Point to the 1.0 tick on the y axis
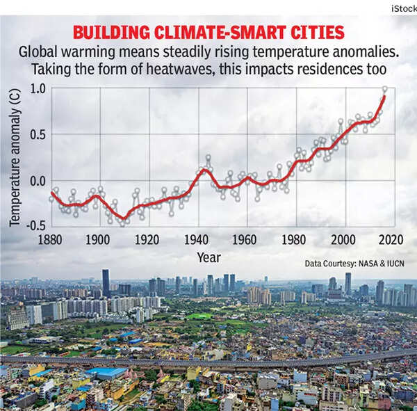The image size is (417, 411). click(x=38, y=89)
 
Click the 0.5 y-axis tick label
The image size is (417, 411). click(x=38, y=135)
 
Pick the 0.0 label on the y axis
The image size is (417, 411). click(x=38, y=181)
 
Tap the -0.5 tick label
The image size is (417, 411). click(x=35, y=226)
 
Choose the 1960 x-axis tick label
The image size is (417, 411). click(x=245, y=240)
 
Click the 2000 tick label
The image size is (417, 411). click(x=343, y=240)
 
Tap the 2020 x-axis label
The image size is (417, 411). click(x=392, y=240)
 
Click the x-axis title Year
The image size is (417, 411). click(x=208, y=257)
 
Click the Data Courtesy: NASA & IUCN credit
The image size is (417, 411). click(x=354, y=264)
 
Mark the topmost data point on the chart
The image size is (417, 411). click(x=385, y=89)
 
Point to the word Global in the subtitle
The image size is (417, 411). click(x=39, y=53)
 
